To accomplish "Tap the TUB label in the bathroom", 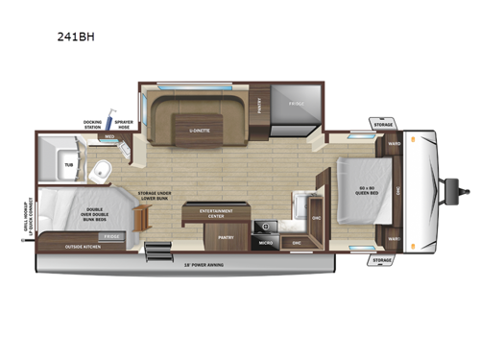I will click(x=68, y=165).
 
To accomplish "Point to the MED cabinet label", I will click(x=109, y=136).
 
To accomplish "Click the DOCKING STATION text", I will click(x=92, y=124).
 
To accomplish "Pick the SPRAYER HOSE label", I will click(x=123, y=124).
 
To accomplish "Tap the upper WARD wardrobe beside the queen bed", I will click(x=395, y=145).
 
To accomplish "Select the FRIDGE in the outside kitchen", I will click(x=111, y=234).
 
